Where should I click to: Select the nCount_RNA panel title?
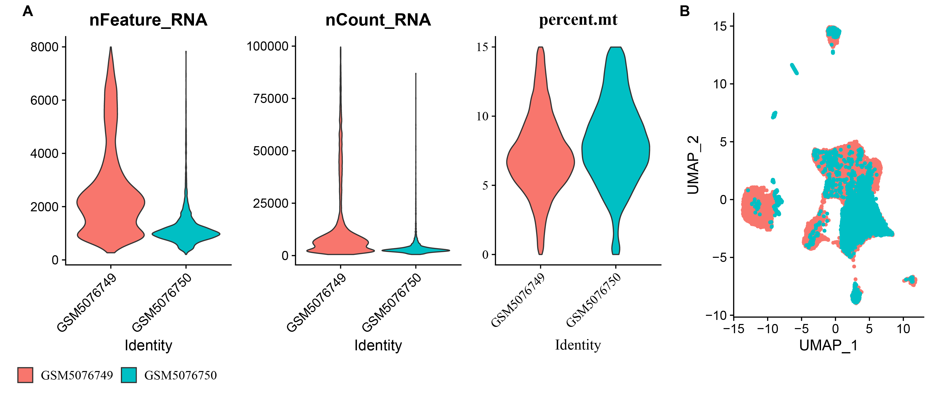[x=378, y=20]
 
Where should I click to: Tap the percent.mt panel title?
[x=578, y=20]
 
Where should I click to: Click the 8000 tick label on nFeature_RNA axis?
[x=44, y=47]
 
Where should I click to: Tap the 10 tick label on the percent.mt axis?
[x=482, y=117]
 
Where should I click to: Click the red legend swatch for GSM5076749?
[x=25, y=375]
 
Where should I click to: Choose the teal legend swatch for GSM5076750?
[x=129, y=375]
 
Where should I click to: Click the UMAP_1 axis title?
[x=828, y=345]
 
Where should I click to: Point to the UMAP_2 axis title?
[x=693, y=165]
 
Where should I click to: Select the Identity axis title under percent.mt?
[x=578, y=345]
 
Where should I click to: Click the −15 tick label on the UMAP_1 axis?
[x=734, y=329]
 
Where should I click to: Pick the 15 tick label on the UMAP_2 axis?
[x=720, y=26]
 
